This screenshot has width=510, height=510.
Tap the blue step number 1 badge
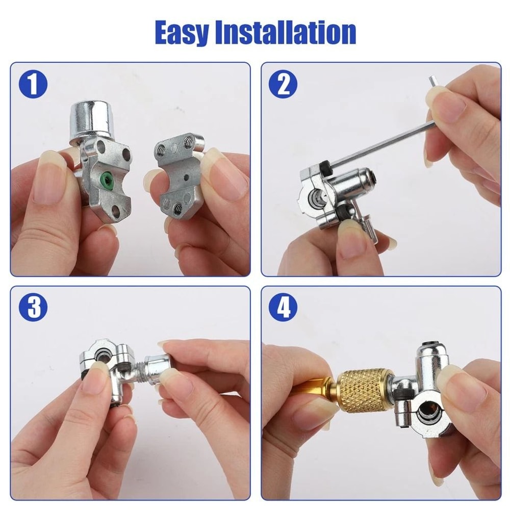click(x=33, y=84)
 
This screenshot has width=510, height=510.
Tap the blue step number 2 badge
click(x=284, y=84)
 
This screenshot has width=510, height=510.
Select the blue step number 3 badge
click(x=33, y=308)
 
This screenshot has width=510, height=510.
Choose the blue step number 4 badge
click(x=284, y=308)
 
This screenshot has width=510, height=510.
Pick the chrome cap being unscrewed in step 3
click(x=158, y=369)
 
